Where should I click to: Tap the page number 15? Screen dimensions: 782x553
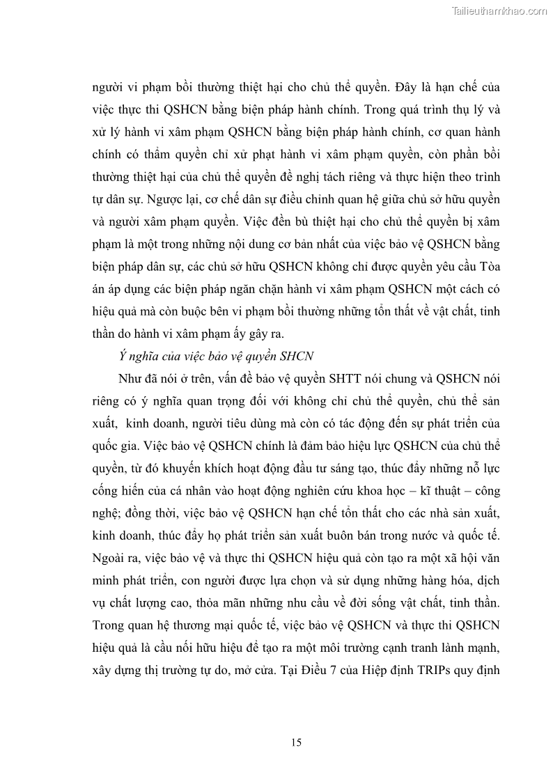click(x=296, y=743)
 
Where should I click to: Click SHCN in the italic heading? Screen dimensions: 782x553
click(x=299, y=357)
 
